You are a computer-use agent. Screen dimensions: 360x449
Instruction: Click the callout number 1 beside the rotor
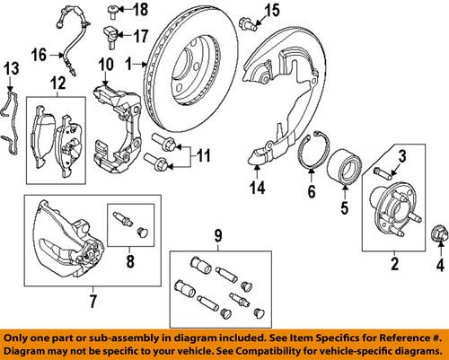(128, 64)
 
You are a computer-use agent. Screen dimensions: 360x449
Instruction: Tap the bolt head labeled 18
(112, 11)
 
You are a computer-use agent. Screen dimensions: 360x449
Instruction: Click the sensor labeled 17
(112, 38)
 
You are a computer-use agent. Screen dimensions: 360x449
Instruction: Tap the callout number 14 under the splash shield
(258, 189)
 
